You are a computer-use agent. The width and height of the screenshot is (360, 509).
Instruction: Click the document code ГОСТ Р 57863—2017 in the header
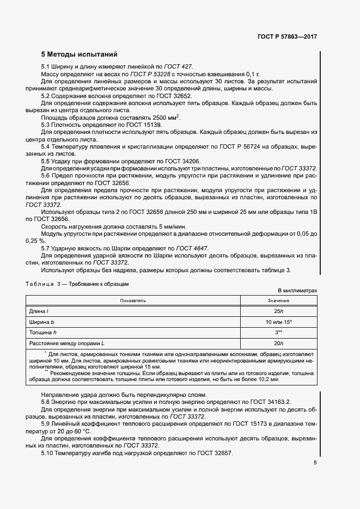(x=287, y=37)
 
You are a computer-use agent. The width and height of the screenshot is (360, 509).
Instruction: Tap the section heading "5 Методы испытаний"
(x=79, y=55)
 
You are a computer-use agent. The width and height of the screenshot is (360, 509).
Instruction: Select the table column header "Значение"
(x=278, y=301)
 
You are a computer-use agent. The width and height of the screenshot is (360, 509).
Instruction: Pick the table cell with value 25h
(x=278, y=311)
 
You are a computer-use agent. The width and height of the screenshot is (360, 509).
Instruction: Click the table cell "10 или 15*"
(x=278, y=322)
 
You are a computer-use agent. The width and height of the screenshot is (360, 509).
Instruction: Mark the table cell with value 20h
(x=278, y=343)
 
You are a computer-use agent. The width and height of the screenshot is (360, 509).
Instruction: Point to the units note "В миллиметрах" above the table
(x=297, y=291)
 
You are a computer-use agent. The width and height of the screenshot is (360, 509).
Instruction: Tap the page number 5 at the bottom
(x=315, y=463)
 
